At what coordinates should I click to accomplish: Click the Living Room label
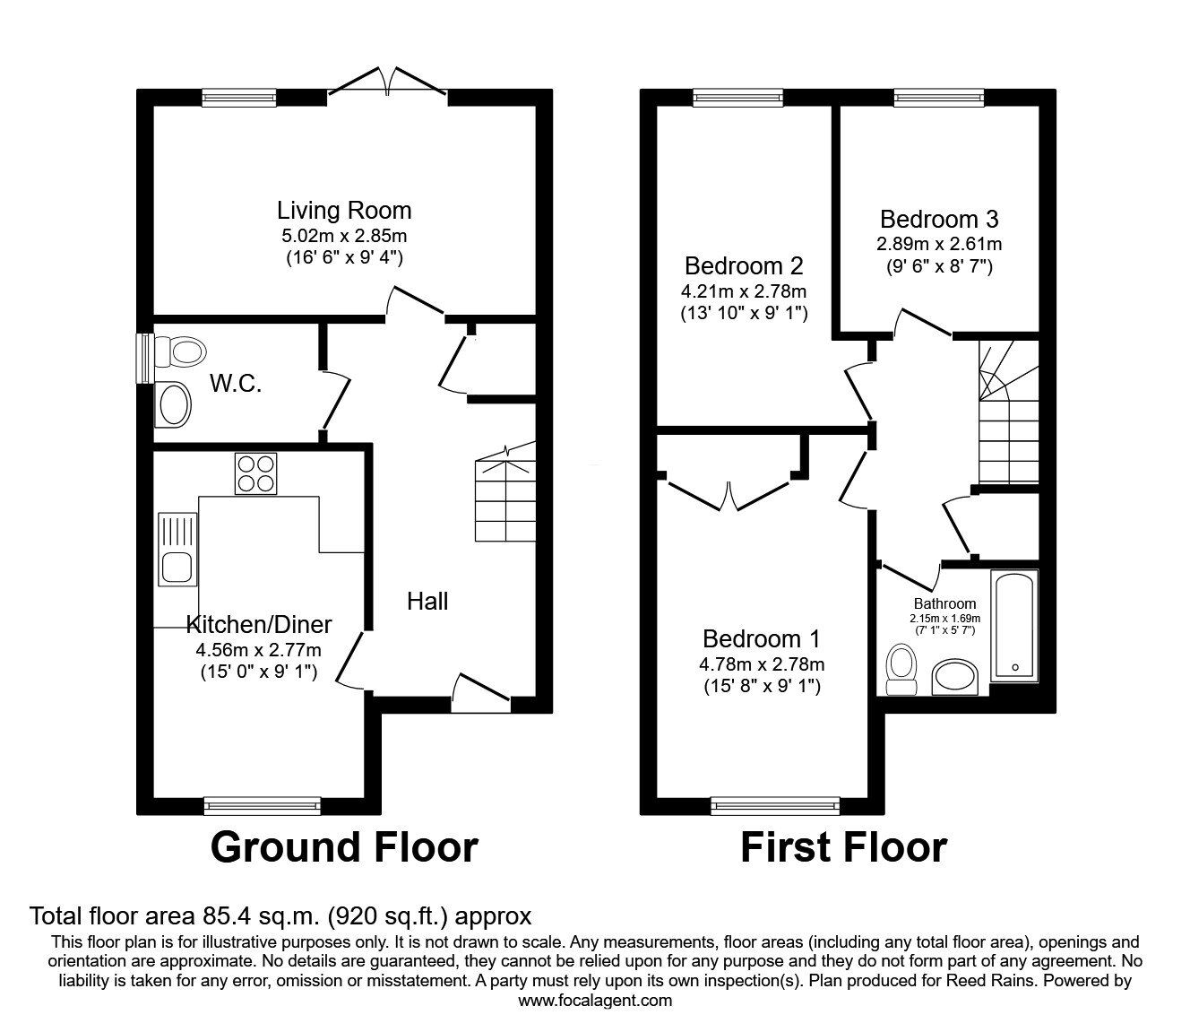click(344, 211)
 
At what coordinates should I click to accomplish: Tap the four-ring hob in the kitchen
click(255, 473)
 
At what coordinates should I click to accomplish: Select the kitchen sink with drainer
click(177, 549)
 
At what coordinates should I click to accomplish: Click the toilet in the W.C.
click(181, 350)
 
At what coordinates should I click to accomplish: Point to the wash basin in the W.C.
click(173, 404)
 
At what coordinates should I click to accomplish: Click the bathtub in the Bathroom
click(1014, 627)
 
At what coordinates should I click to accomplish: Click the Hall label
click(427, 602)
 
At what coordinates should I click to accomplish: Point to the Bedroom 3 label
click(939, 219)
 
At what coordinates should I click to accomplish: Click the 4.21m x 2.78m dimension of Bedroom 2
click(743, 291)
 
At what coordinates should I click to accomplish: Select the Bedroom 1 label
click(761, 638)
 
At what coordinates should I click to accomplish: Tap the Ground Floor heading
click(344, 846)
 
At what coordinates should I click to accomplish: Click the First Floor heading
click(843, 846)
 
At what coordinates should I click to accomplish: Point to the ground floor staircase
click(505, 491)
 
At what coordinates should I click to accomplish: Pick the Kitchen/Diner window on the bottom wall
click(263, 805)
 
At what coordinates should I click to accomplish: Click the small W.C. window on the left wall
click(144, 358)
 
